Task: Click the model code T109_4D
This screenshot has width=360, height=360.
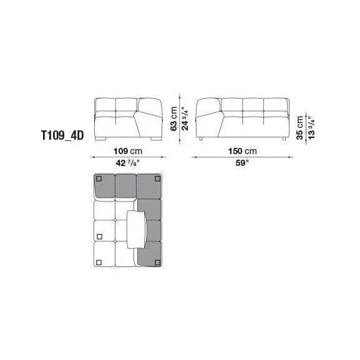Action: (62, 135)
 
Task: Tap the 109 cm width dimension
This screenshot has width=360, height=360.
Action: (128, 151)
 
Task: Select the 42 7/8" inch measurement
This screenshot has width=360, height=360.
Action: (128, 163)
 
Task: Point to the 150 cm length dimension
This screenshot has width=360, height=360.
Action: (242, 151)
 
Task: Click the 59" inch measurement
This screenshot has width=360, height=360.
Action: (242, 163)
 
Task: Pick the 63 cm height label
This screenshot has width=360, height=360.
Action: (174, 119)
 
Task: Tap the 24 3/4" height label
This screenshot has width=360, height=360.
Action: (185, 119)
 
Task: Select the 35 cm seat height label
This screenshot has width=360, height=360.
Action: (300, 128)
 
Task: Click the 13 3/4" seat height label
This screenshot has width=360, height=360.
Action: (311, 128)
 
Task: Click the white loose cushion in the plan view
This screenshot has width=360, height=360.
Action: (137, 230)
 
